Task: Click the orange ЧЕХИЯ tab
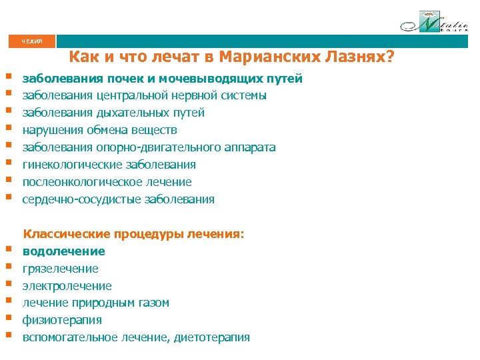[31, 41]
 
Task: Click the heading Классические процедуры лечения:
[134, 234]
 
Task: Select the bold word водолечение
[64, 251]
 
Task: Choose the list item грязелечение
[61, 269]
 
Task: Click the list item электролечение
[67, 286]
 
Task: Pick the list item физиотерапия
[63, 320]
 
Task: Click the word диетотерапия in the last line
[212, 337]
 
